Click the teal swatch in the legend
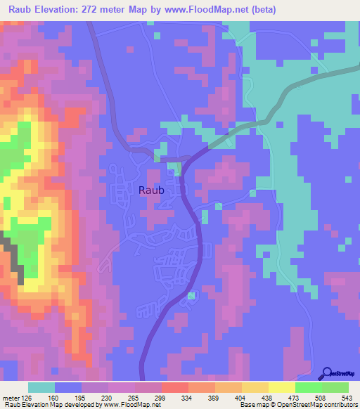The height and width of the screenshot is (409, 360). (x=41, y=387)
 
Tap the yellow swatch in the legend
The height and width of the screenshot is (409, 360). (x=282, y=387)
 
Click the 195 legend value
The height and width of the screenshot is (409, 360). (x=81, y=397)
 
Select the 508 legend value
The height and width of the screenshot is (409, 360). (x=321, y=397)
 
